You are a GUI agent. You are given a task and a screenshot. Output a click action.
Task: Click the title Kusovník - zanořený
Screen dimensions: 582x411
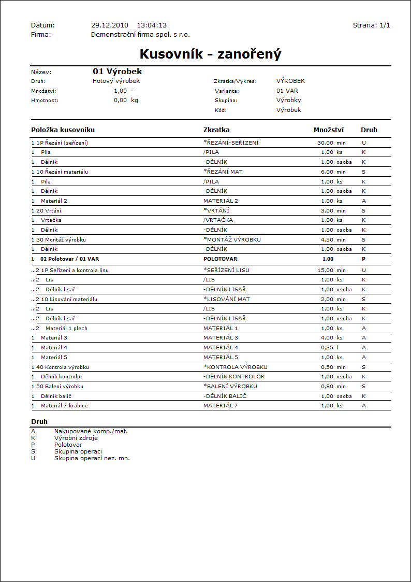210,54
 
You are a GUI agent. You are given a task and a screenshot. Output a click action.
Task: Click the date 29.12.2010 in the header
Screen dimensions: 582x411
109,25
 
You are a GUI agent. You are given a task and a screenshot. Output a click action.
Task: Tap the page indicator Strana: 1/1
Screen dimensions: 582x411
371,25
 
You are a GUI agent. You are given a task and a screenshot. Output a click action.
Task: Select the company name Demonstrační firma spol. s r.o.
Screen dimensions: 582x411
140,34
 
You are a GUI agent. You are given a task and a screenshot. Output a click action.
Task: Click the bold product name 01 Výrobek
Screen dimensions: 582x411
117,72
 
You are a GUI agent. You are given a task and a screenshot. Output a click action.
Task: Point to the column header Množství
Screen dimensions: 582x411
329,130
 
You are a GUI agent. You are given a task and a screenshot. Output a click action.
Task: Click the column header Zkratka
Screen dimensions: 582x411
216,130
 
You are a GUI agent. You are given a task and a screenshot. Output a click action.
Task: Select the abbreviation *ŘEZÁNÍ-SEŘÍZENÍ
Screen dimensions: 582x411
231,143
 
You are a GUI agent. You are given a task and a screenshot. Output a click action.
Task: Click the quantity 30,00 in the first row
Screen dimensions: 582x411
325,143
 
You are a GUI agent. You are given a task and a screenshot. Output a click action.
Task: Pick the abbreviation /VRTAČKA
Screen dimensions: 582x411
218,220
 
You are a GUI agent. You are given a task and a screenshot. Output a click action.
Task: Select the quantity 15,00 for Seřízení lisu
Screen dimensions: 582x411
325,270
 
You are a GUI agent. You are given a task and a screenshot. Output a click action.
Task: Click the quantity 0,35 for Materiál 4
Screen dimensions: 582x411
327,348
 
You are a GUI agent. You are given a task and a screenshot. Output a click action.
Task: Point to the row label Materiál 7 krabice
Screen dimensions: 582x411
64,405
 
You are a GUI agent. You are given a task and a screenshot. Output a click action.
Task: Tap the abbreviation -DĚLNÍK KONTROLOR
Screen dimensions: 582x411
234,376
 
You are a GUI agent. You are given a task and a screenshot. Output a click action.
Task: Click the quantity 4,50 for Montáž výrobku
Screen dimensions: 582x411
327,240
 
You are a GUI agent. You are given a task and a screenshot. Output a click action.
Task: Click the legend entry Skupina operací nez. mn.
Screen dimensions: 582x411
92,458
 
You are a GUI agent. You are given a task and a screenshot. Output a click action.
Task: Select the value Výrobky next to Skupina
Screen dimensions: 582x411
289,100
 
